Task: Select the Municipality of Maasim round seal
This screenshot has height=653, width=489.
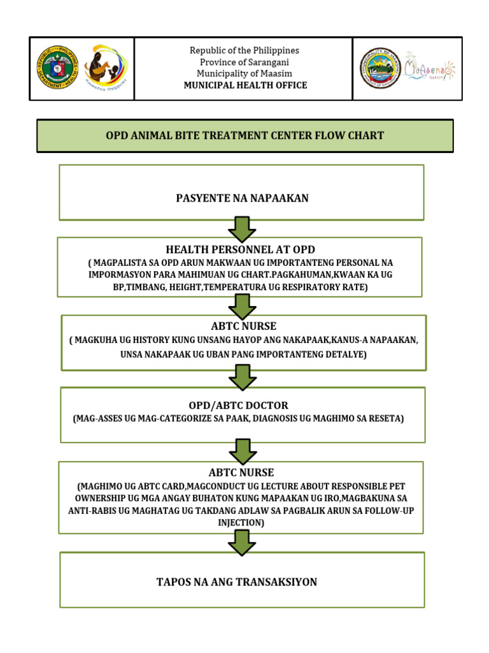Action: point(381,68)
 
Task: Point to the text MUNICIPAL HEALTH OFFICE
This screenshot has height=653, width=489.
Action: point(245,85)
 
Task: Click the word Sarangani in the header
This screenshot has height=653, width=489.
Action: point(266,62)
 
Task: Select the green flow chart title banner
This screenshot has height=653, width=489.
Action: point(244,136)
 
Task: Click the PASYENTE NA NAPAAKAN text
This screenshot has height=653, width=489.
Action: point(242,198)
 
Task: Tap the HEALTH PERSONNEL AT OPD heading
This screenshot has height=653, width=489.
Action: point(240,249)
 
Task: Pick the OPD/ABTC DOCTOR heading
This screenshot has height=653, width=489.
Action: point(238,406)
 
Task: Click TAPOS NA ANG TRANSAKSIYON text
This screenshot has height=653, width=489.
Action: point(236,582)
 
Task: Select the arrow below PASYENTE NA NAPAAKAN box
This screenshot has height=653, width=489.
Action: point(242,228)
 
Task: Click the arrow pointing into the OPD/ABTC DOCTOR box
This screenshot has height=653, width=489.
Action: point(242,376)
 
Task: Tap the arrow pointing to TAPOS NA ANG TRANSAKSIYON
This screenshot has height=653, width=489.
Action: point(242,543)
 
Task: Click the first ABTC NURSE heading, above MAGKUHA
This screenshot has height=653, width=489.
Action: point(241,327)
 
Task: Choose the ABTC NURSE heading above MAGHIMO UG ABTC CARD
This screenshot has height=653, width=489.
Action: point(241,473)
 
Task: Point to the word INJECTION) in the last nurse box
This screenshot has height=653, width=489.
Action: point(241,522)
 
